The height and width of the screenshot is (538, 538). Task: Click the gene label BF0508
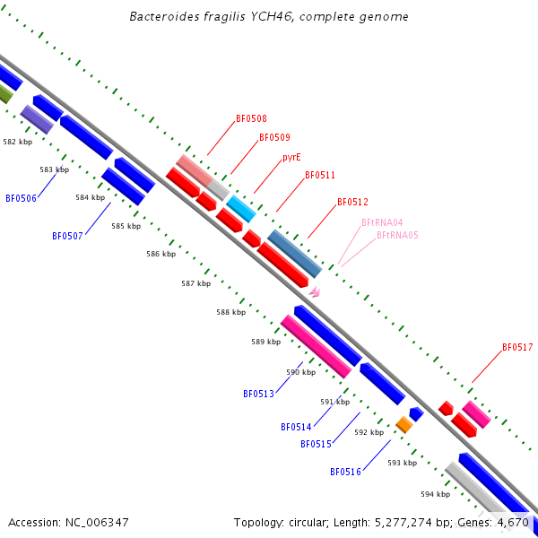coord(251,118)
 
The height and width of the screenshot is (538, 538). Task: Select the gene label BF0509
coord(274,138)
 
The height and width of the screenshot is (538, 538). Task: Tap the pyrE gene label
coord(291,157)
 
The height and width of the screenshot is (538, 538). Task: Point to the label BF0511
coord(320,176)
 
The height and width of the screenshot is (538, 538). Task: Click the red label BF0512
coord(352,203)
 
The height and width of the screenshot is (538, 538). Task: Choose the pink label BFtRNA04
coord(382,222)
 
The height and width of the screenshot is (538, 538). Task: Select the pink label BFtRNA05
coord(397,235)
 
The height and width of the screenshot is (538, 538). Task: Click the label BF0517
coord(517,347)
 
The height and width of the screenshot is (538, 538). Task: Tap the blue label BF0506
coord(21,198)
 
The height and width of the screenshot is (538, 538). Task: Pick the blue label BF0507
coord(67,237)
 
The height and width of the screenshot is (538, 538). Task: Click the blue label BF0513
coord(258,394)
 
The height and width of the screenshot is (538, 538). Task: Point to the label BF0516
coord(345,472)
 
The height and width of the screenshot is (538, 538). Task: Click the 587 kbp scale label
coord(195,283)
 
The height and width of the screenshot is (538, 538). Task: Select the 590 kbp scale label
coord(300,372)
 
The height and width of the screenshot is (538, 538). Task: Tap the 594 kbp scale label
coord(435,494)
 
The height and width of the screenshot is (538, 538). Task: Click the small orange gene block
coord(403,425)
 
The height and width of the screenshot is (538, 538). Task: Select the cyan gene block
coord(240,209)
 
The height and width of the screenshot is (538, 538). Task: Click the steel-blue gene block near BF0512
coord(294,253)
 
